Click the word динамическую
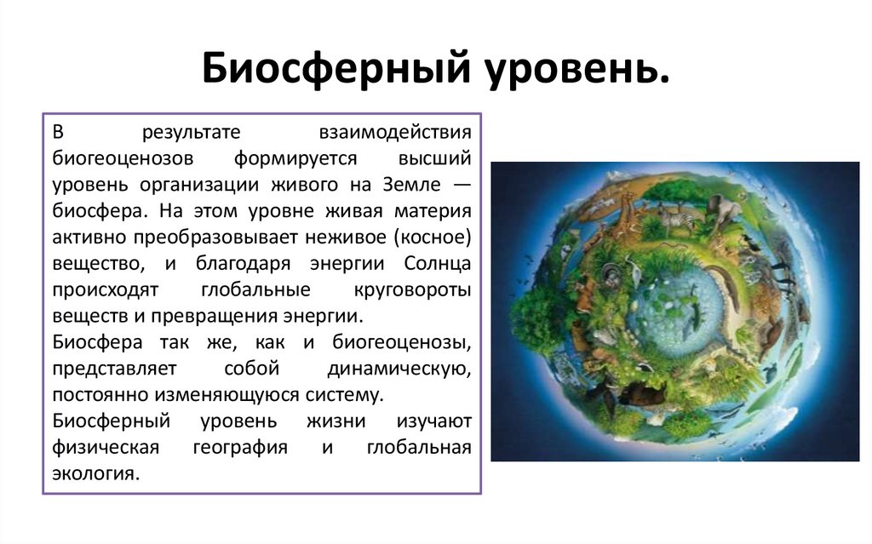[400, 369]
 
